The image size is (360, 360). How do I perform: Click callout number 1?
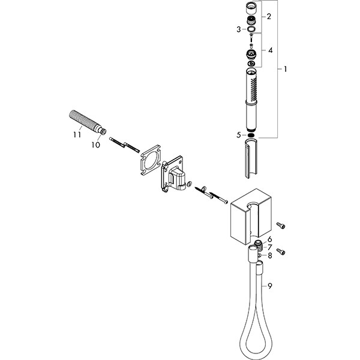point(286,70)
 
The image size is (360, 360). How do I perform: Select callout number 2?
point(269,16)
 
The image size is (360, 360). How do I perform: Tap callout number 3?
point(239,29)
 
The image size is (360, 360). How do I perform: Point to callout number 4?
point(271,50)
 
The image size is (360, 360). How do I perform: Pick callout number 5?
point(239,134)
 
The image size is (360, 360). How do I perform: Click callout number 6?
point(270,239)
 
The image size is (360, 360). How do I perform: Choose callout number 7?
point(270,247)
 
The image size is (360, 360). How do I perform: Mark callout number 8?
point(270,255)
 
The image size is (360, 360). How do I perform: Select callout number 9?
point(270,286)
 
